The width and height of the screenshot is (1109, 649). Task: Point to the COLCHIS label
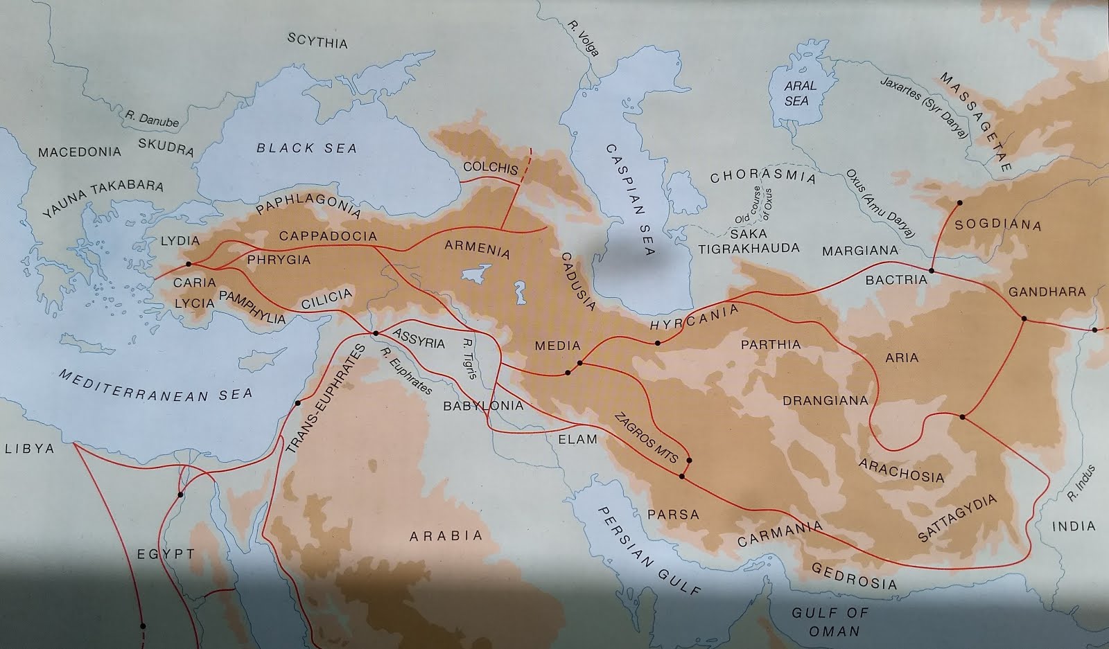[490, 168]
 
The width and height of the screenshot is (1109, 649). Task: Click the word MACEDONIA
[79, 152]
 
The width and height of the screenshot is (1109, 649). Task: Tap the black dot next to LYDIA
[188, 264]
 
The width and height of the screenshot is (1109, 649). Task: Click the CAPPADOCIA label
[328, 236]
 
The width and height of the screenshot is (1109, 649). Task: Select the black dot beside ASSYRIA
[376, 334]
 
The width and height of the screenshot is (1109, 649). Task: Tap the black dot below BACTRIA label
[931, 270]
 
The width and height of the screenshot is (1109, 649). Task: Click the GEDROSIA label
[853, 576]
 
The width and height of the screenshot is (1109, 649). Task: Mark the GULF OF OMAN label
[830, 621]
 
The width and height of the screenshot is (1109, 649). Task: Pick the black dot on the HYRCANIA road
[657, 344]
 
